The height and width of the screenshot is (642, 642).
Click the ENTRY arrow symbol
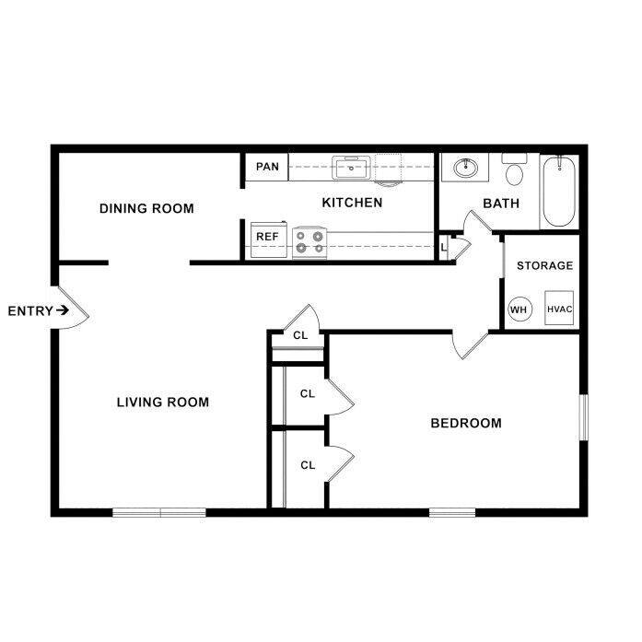[63, 310]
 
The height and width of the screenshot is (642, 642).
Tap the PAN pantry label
[267, 167]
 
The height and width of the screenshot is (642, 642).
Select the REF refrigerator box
[269, 239]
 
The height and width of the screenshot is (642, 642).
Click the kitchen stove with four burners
[309, 243]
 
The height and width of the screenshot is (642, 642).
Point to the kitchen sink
[351, 168]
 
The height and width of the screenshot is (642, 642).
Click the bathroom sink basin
[465, 168]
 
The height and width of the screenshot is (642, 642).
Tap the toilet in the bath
[514, 169]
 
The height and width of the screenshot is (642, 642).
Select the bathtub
[559, 192]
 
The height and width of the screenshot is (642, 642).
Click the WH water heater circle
[520, 309]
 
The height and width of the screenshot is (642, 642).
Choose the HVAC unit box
[559, 308]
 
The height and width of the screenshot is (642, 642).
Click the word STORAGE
[544, 265]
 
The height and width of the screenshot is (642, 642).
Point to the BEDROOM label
[466, 423]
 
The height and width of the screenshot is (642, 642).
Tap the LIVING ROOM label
[163, 403]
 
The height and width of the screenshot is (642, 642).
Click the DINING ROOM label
[146, 208]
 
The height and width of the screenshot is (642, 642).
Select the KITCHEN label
[352, 203]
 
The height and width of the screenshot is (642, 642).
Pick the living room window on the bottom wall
[159, 513]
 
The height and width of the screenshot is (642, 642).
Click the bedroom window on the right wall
[584, 417]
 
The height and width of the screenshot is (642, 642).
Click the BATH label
[501, 204]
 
